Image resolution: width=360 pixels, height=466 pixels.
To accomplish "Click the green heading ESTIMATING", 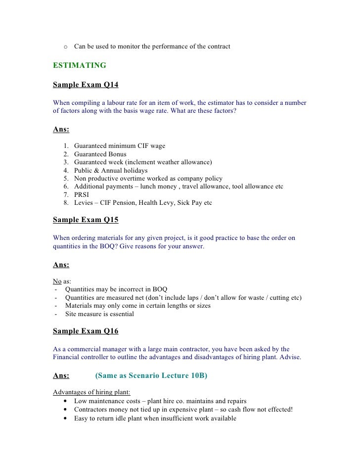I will pos(79,65).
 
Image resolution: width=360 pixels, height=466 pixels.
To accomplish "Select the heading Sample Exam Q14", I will pos(86,85).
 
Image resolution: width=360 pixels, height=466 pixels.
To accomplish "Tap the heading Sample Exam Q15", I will pos(86,220).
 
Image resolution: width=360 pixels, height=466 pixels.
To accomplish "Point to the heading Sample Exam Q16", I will pos(86,331).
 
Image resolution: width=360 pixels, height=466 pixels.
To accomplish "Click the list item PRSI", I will pos(82,194).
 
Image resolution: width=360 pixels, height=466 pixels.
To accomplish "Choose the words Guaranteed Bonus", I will pos(100,154).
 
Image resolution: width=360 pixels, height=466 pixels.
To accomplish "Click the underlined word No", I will pos(57,281).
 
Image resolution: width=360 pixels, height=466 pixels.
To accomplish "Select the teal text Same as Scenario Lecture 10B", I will pos(151,375).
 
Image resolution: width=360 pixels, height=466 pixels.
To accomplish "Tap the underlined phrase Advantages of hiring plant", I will pos(91,392).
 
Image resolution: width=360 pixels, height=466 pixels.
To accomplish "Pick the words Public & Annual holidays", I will pos(111,170).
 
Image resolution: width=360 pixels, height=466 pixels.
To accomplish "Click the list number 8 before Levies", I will pos(66,203).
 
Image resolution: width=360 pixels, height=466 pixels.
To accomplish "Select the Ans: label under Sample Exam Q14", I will pos(61,130).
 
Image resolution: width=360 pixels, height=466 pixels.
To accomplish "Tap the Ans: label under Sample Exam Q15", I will pos(61,265).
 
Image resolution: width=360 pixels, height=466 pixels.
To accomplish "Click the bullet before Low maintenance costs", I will pos(66,401).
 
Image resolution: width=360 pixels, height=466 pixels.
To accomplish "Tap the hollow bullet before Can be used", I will pos(65,47).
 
